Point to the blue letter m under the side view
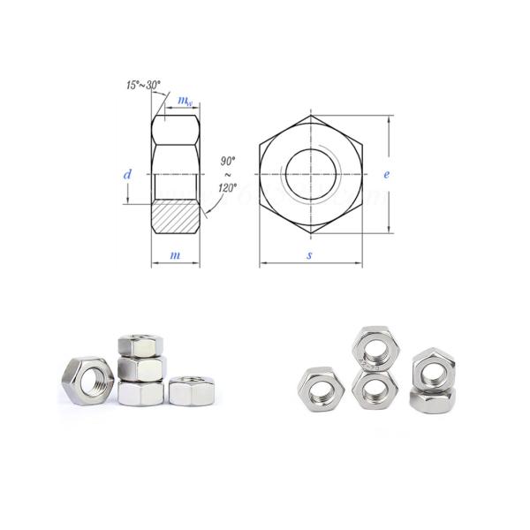click(x=175, y=255)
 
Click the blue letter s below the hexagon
click(x=309, y=255)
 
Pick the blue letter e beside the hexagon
click(x=386, y=175)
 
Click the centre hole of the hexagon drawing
click(x=310, y=174)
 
